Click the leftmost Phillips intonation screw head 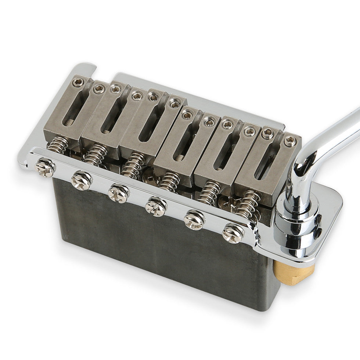[45, 168]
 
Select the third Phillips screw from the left [119, 192]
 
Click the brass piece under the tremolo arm [294, 273]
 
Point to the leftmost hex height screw [77, 82]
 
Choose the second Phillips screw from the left [82, 180]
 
